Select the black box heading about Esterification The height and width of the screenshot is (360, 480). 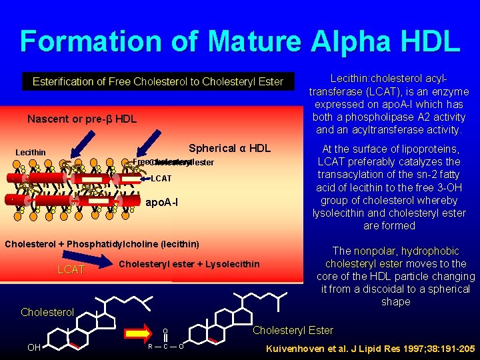coord(158,82)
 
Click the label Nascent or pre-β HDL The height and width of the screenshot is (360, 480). coord(82,119)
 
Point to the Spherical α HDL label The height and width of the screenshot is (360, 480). coord(229,148)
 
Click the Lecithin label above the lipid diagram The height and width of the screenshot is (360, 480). coord(31,153)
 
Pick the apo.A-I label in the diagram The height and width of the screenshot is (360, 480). coord(162,201)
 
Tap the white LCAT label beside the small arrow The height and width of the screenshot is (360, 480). coord(161,179)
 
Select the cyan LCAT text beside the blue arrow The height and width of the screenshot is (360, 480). coord(71,269)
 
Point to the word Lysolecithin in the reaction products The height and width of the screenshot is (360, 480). coord(233,265)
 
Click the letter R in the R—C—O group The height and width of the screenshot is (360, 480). coord(150,347)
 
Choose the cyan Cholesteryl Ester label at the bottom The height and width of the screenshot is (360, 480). coord(293,330)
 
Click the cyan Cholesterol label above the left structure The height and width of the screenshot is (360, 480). coord(47,312)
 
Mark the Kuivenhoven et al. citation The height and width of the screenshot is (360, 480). coord(370,348)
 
